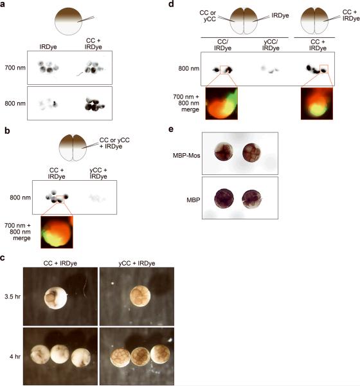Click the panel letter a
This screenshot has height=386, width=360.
(x=3, y=5)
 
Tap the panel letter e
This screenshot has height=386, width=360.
(x=171, y=129)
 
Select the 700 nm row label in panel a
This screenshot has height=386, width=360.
(x=15, y=68)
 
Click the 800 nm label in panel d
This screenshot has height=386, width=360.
(x=189, y=68)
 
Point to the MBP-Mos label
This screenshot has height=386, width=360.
(x=186, y=155)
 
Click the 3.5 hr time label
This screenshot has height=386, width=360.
(x=12, y=297)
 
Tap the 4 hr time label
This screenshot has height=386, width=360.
(x=15, y=356)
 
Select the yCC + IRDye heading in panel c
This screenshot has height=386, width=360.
(x=137, y=263)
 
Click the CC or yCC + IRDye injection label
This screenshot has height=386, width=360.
(x=114, y=143)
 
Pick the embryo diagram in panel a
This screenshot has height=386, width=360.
(x=68, y=21)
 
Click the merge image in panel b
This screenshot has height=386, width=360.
(x=57, y=232)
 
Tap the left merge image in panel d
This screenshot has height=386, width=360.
(x=221, y=104)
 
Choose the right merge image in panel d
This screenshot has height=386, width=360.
(x=317, y=104)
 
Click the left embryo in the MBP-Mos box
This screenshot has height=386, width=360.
(x=224, y=152)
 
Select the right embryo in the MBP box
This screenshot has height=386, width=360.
(x=251, y=199)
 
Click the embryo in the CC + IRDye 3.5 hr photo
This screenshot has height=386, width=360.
(x=56, y=298)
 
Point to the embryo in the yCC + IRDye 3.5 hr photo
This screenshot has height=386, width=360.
(x=140, y=296)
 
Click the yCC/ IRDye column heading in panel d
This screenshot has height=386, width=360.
(x=271, y=45)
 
